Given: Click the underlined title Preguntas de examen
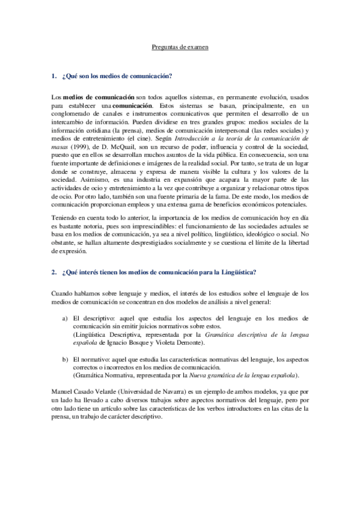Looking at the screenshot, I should pos(178,46).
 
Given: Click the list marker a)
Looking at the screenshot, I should pos(64,318).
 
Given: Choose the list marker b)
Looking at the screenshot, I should pos(64,359).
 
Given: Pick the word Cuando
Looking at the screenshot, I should pos(63,293).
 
